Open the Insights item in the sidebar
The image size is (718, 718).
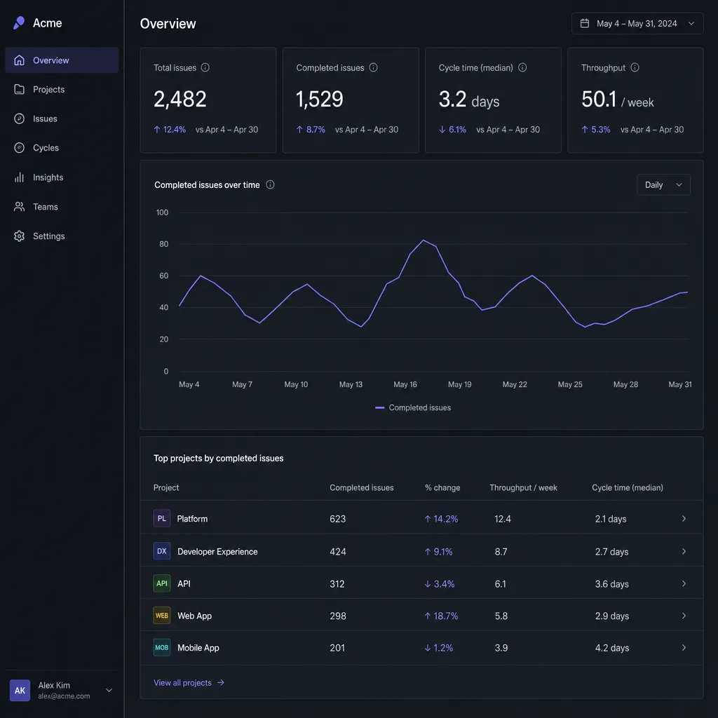coord(39,177)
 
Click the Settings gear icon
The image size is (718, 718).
coord(19,236)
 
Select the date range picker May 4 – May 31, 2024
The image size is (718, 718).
coord(637,23)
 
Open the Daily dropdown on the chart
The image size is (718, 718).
coord(663,184)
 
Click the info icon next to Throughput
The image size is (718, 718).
coord(635,67)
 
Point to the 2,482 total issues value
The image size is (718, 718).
coord(180,99)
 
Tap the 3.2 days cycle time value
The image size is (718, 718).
coord(469,100)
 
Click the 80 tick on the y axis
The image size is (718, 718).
coord(163,244)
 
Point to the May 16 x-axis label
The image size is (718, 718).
coord(405,384)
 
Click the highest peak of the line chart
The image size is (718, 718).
coord(424,240)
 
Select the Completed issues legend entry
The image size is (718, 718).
coord(413,407)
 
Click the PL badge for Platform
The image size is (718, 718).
coord(162,518)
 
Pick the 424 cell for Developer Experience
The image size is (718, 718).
coord(338,552)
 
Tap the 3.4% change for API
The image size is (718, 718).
coord(439,584)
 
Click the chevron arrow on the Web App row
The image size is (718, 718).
coord(684,616)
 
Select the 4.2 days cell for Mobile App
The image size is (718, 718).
coord(611,648)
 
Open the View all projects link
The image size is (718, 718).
coord(189,683)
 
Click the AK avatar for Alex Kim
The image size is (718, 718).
coord(20,690)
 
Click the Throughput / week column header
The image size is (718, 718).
coord(523,488)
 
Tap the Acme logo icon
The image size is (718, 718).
coord(19,23)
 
